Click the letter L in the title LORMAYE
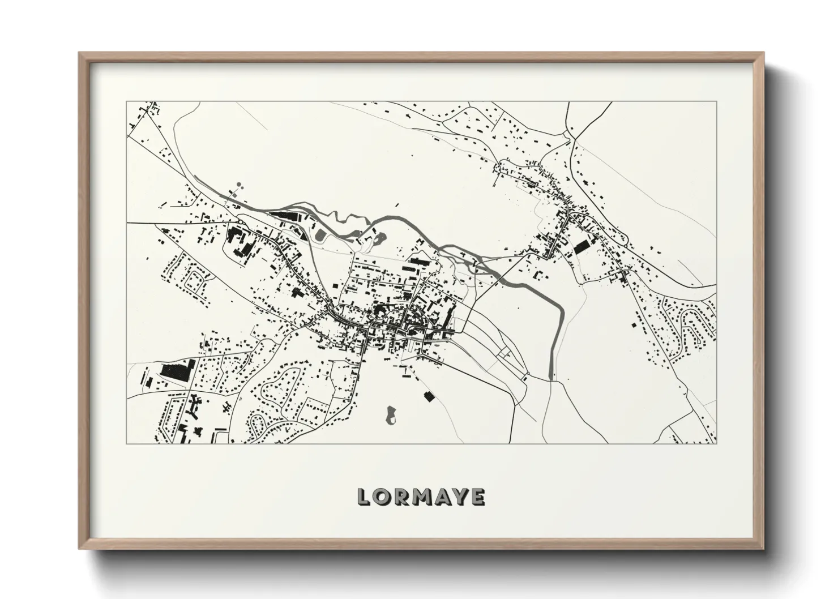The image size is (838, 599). click(365, 497)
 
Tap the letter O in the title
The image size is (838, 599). click(384, 497)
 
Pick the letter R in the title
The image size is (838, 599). click(403, 497)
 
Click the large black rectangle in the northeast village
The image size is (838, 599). click(582, 247)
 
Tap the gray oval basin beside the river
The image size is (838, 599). click(320, 234)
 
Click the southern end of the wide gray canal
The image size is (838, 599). click(551, 376)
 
